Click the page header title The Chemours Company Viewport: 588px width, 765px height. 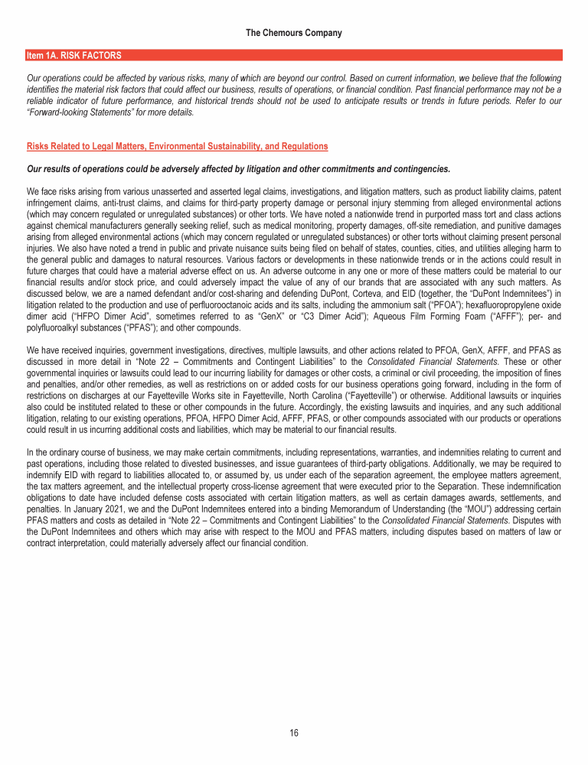[x=294, y=34]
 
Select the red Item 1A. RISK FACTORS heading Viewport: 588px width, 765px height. [x=73, y=56]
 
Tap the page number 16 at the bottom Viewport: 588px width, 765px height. [x=294, y=734]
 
